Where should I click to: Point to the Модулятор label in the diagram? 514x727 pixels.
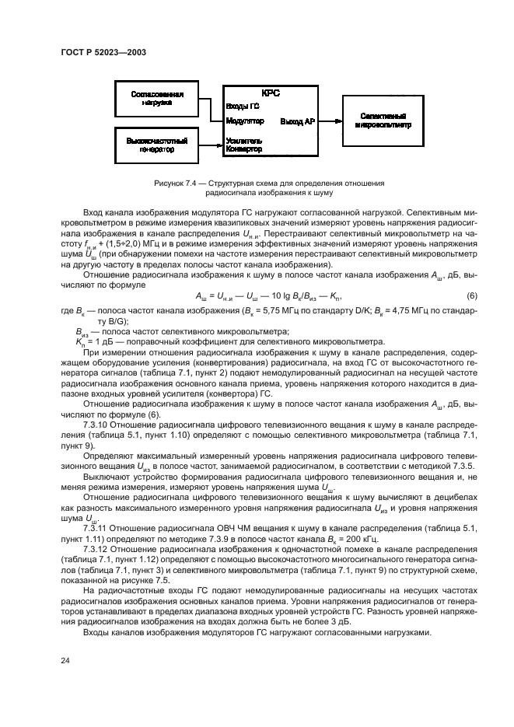pyautogui.click(x=245, y=121)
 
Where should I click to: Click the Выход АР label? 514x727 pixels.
pyautogui.click(x=298, y=121)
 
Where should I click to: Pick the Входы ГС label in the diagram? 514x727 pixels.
pyautogui.click(x=242, y=106)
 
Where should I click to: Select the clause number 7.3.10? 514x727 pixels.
pyautogui.click(x=96, y=425)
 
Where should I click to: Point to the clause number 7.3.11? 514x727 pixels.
pyautogui.click(x=96, y=526)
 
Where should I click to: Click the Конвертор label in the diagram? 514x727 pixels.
pyautogui.click(x=244, y=149)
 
